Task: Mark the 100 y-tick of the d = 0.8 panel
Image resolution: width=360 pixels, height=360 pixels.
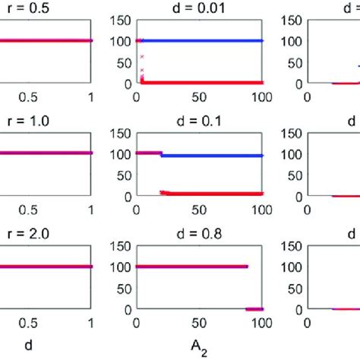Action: coord(122,267)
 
